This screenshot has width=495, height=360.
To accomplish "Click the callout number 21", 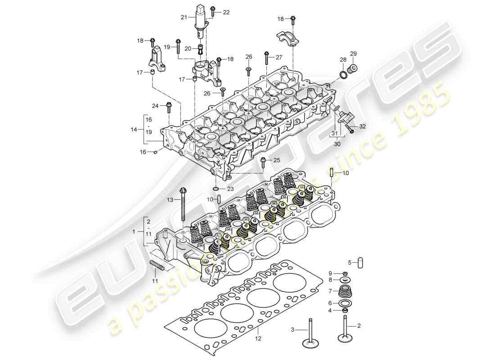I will click(184, 18).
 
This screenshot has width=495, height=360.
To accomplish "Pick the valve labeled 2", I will click(346, 333).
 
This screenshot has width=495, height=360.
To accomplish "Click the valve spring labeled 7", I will click(345, 292).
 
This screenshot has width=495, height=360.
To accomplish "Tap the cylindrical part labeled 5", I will click(360, 262).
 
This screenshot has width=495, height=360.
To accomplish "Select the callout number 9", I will click(330, 273).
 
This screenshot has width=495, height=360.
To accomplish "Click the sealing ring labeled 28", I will click(343, 73).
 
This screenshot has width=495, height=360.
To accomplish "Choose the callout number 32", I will click(363, 127).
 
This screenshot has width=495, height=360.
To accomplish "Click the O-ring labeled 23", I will click(216, 189).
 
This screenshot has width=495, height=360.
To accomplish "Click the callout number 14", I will click(134, 129).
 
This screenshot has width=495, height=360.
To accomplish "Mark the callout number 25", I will click(276, 160).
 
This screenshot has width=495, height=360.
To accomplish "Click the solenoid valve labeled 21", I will click(200, 20).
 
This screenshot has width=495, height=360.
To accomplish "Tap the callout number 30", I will click(337, 144).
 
